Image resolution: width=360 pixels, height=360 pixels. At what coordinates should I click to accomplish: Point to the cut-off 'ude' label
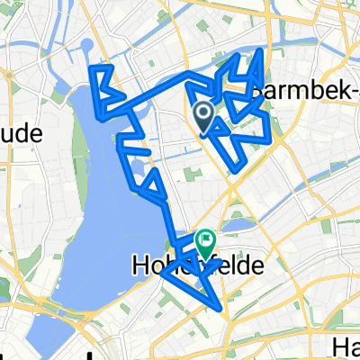pyautogui.click(x=22, y=133)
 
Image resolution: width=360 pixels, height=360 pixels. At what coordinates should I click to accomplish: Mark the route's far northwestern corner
pyautogui.click(x=92, y=66)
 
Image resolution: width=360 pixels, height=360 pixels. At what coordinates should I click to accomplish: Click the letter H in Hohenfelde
pyautogui.click(x=141, y=266)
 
